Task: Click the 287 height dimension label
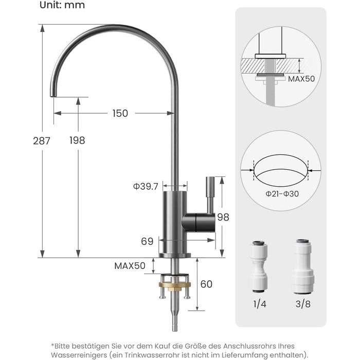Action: (x=42, y=141)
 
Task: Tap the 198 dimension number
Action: (x=77, y=140)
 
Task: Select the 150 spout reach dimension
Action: (x=120, y=113)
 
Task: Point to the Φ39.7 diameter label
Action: (x=146, y=186)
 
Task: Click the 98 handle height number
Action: (x=223, y=217)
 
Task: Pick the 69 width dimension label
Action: (x=147, y=241)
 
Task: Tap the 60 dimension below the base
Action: (x=206, y=284)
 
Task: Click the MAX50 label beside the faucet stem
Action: (x=130, y=266)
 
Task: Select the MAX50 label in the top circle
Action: (x=301, y=79)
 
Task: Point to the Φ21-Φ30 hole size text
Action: (x=282, y=194)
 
